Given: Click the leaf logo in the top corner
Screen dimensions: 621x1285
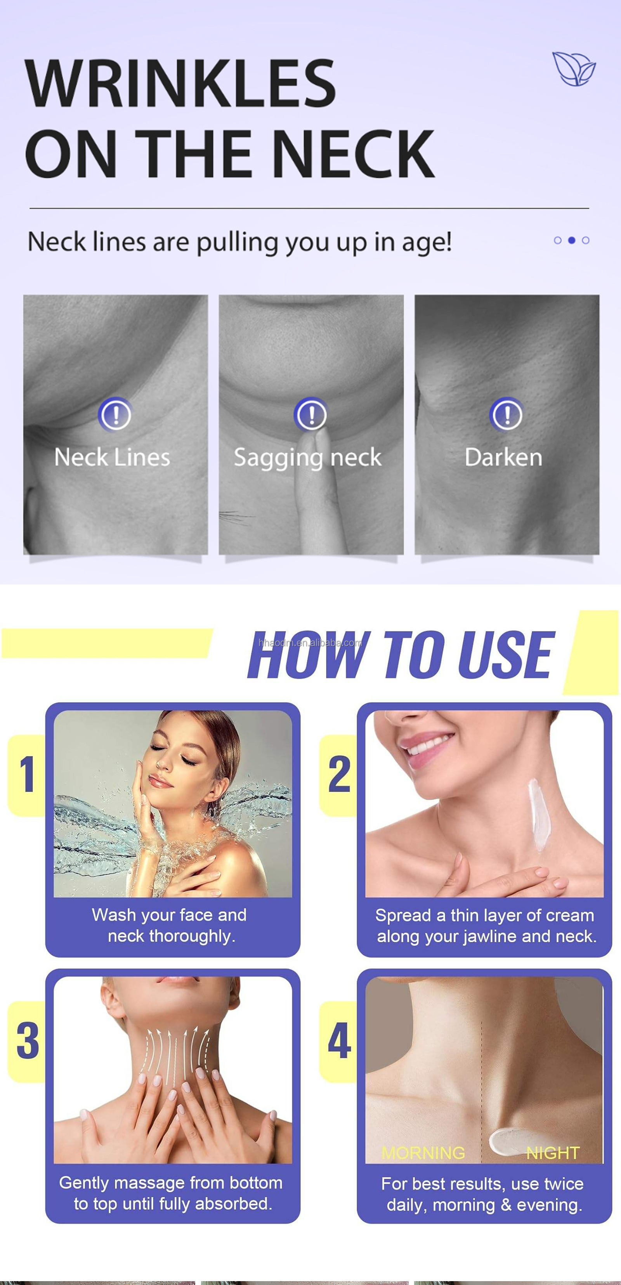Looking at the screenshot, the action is [574, 68].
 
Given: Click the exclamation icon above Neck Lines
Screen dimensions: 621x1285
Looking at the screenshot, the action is [115, 414].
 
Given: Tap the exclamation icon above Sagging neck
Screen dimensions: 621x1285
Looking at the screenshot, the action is [311, 414].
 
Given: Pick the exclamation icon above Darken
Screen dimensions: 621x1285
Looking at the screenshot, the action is [507, 414].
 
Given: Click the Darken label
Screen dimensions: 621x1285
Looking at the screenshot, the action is [503, 457].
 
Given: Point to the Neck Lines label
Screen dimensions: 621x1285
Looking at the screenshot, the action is [112, 457].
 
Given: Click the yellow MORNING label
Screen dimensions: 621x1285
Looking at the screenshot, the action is [423, 1153].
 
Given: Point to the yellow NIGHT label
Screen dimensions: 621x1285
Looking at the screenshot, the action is [553, 1153].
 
